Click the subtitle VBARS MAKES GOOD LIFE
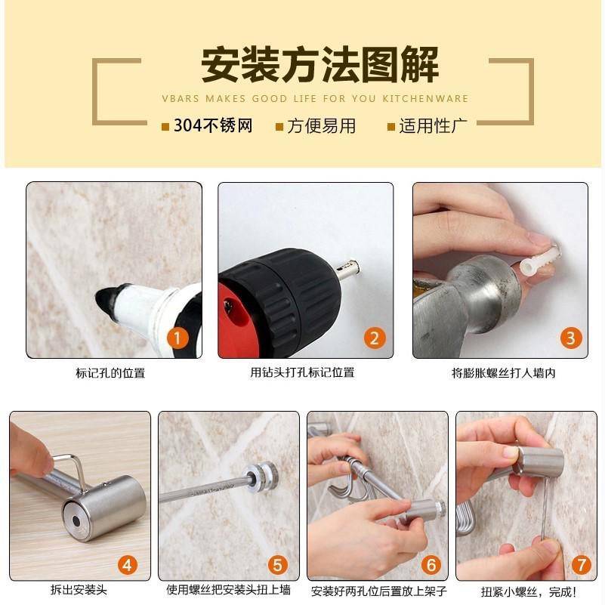click(314, 98)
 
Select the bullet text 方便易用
click(321, 126)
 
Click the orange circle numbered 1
click(178, 338)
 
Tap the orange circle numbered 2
click(373, 338)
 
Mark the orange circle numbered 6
click(431, 563)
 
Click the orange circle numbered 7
click(580, 563)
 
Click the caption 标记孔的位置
click(110, 372)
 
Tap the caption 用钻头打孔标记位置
click(302, 372)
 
